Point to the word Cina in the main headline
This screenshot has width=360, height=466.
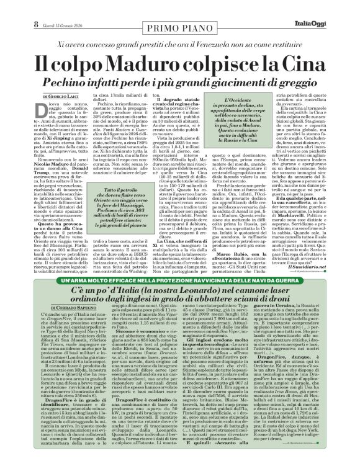(x=312, y=64)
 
